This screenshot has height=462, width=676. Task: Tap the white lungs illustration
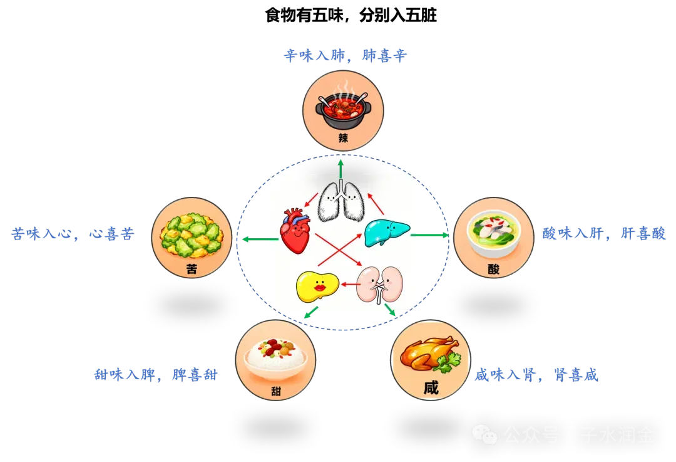[341, 202]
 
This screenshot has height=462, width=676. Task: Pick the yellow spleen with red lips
[317, 287]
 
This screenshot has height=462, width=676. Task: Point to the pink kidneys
[379, 284]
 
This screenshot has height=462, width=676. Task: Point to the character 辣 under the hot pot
[343, 138]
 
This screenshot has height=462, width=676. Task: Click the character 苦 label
[192, 268]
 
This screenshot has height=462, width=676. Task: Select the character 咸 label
[431, 387]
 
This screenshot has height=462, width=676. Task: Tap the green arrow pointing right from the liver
[430, 235]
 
